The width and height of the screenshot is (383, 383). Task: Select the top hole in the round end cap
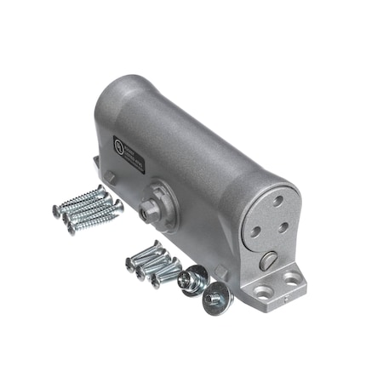(x=277, y=201)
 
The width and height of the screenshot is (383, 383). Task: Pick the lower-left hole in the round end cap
(x=256, y=230)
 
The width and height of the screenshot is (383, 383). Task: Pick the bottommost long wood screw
(x=95, y=220)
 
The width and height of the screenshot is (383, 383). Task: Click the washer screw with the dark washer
(x=192, y=279)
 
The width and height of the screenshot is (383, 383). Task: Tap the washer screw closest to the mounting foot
(x=214, y=297)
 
